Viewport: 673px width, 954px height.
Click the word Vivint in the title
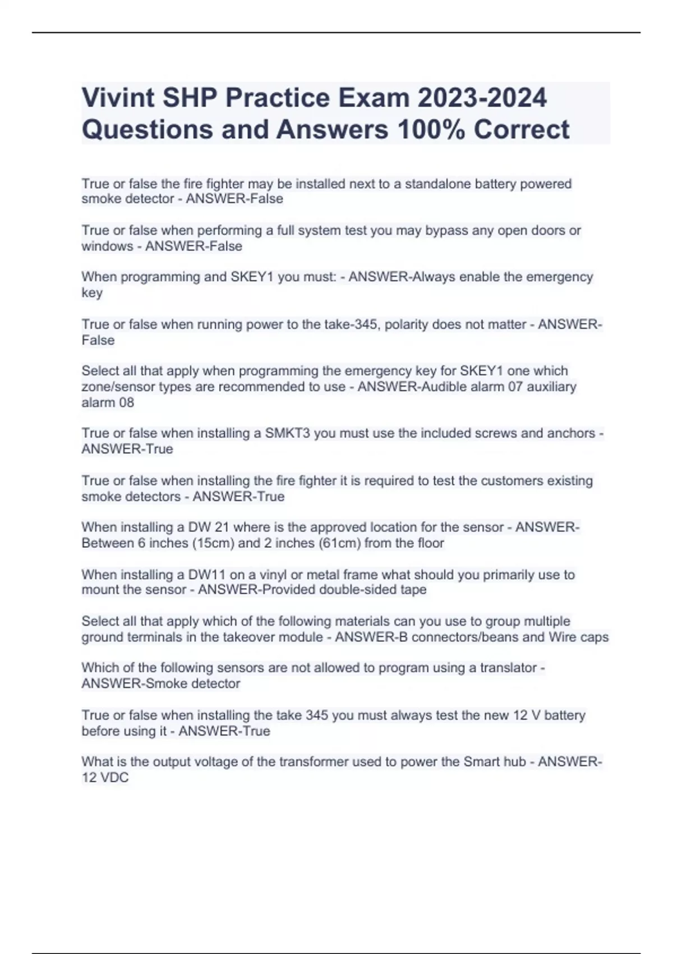tap(117, 98)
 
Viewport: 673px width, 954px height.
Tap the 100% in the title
tap(430, 130)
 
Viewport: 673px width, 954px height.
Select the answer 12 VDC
tap(105, 778)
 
